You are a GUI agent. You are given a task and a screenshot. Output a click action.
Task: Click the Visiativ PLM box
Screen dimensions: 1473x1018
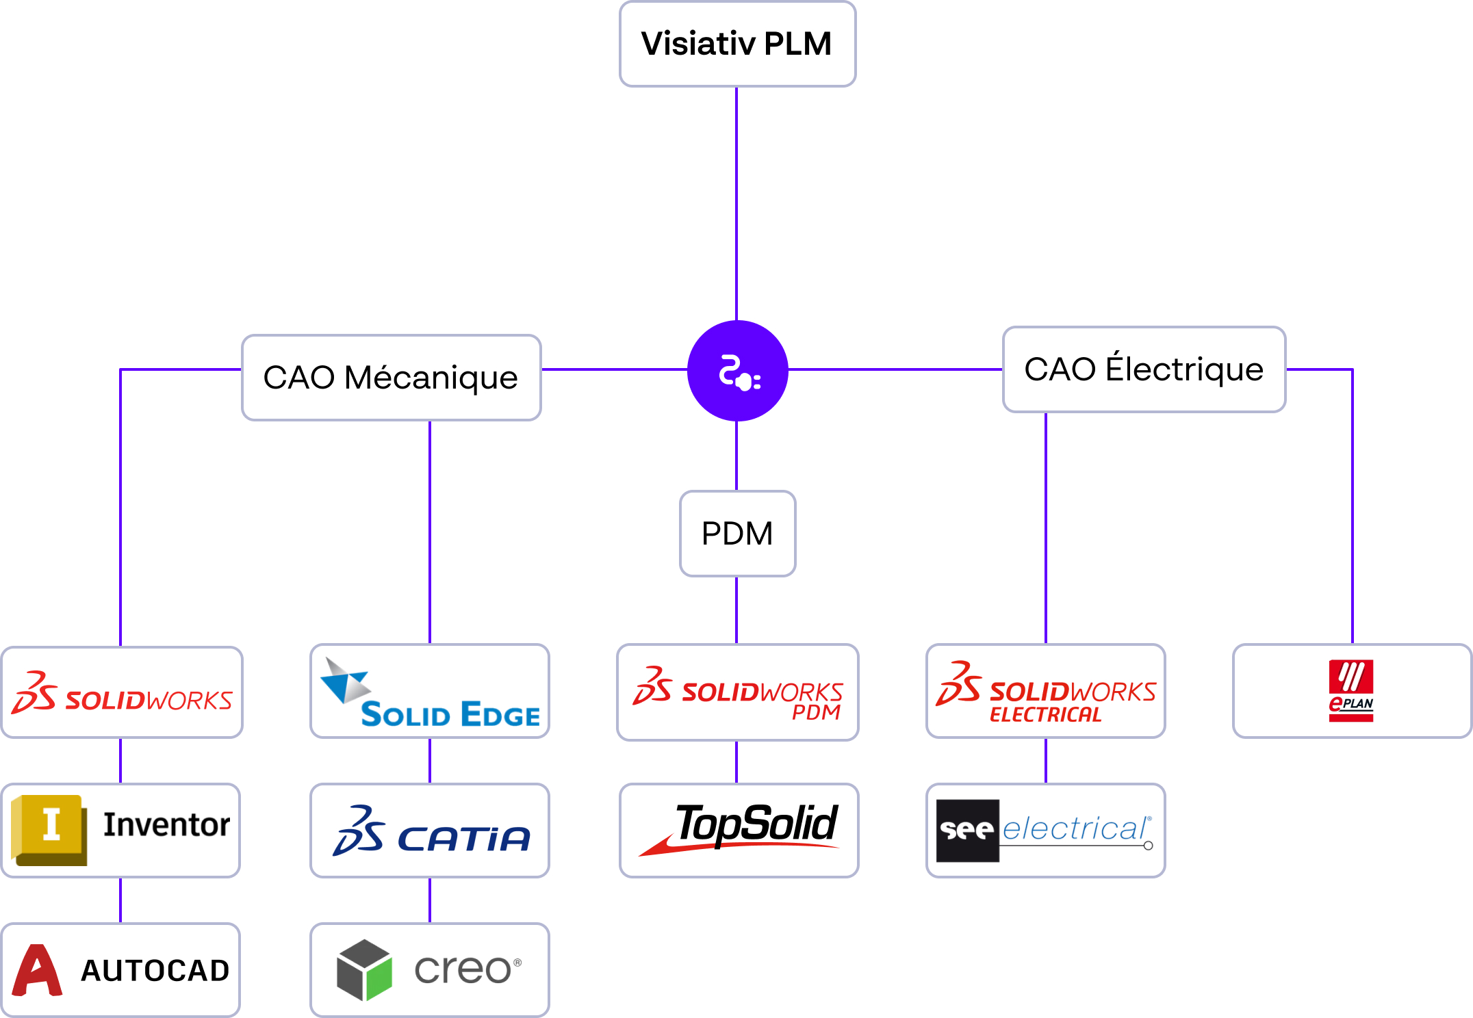[x=737, y=44]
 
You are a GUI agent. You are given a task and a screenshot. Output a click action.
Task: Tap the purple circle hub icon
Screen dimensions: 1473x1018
[x=737, y=371]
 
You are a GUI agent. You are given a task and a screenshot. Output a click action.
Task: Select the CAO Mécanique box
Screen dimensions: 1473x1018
[x=392, y=378]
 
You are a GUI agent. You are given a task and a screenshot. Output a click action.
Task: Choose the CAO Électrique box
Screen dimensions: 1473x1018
[x=1144, y=369]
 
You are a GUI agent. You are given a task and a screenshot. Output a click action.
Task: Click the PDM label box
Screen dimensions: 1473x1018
[x=737, y=534]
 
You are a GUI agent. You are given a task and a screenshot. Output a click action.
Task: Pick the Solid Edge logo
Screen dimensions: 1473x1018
[x=430, y=692]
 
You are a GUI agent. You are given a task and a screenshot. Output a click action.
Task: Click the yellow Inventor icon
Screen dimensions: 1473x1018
[x=49, y=830]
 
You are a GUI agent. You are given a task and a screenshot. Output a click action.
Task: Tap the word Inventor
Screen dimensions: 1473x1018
[x=166, y=825]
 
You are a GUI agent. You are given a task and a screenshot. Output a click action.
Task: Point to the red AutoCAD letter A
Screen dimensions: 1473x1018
[x=37, y=970]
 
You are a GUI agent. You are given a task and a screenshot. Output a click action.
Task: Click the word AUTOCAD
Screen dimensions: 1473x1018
[x=155, y=971]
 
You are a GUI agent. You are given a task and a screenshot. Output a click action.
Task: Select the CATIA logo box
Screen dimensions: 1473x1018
[x=430, y=831]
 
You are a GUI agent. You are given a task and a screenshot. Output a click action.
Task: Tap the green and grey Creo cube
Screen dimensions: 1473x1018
[x=364, y=970]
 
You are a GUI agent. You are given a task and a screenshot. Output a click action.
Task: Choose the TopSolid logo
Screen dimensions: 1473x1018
[x=739, y=828]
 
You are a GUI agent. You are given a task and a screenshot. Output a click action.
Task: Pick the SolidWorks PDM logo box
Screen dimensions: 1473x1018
[x=738, y=692]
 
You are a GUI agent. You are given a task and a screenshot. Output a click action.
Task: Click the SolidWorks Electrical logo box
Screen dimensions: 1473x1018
[x=1046, y=691]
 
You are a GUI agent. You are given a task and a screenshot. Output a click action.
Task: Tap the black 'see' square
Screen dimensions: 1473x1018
[x=968, y=831]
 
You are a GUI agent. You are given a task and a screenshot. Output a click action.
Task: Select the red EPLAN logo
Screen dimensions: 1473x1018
[x=1351, y=691]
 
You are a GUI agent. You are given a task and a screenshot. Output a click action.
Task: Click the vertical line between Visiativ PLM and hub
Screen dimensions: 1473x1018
[x=736, y=204]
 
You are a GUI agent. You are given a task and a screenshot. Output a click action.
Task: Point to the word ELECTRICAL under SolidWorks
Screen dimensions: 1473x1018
[x=1046, y=715]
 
